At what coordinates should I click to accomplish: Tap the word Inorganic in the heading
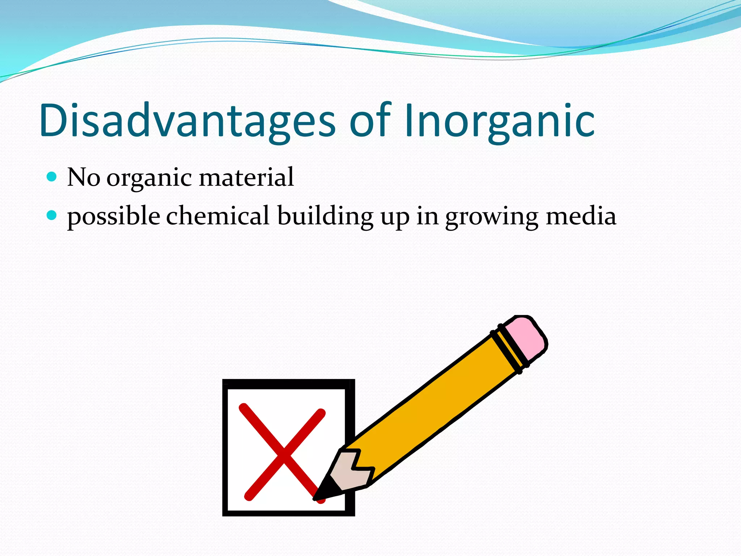click(x=499, y=121)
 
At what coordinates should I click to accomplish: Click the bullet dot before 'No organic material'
click(x=52, y=177)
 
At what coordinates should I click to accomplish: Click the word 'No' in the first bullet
click(x=84, y=177)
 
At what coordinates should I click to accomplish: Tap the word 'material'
click(x=246, y=177)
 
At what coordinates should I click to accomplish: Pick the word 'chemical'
click(x=218, y=216)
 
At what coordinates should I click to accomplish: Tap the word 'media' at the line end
click(x=581, y=216)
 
